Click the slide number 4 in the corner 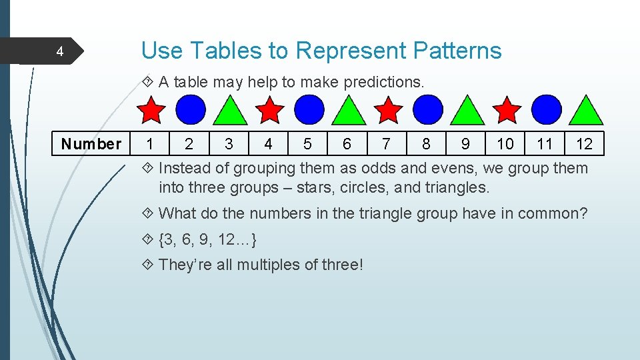(x=59, y=51)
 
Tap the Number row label (x=91, y=144)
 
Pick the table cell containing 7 (x=387, y=144)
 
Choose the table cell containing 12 (x=585, y=144)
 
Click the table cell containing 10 (x=505, y=144)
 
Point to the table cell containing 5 (x=307, y=144)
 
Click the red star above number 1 (x=151, y=110)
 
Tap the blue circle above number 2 (x=191, y=110)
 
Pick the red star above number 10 (x=508, y=110)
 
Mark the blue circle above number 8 (x=428, y=110)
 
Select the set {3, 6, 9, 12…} (x=208, y=239)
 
